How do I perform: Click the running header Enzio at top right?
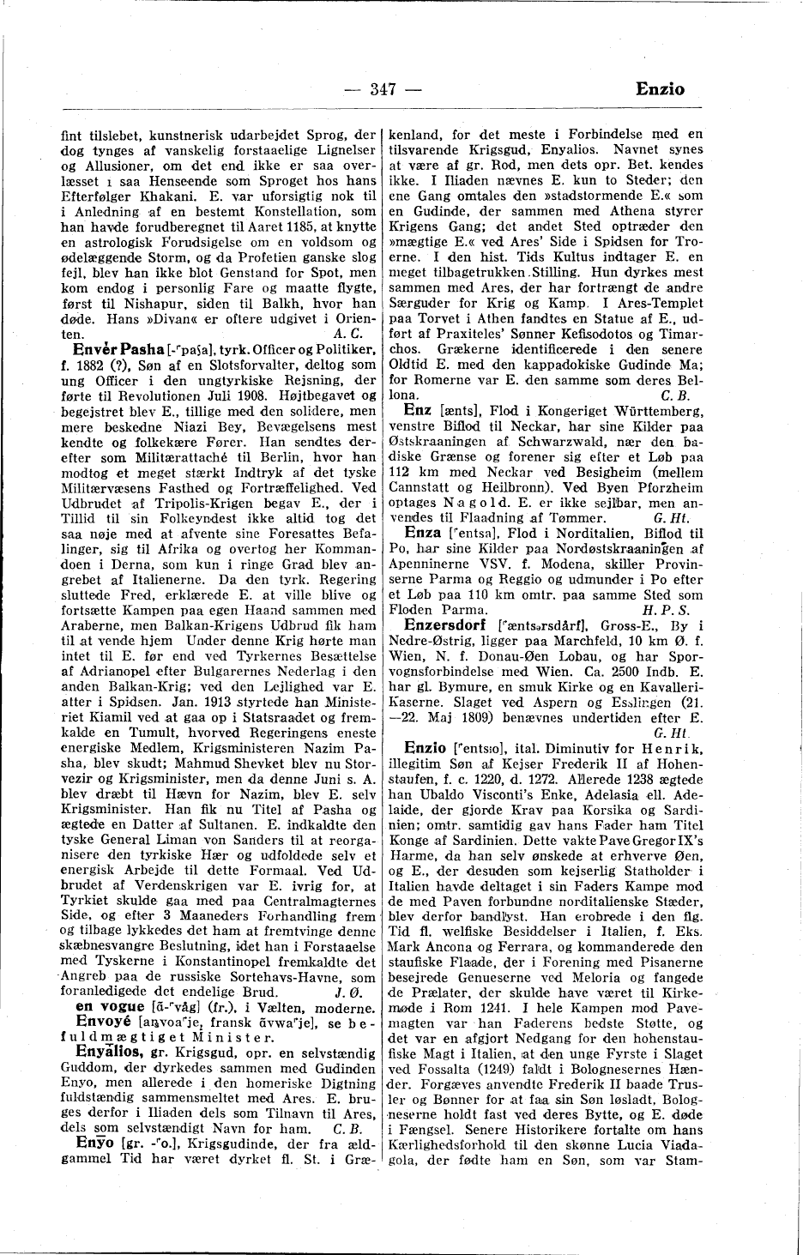pyautogui.click(x=661, y=87)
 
